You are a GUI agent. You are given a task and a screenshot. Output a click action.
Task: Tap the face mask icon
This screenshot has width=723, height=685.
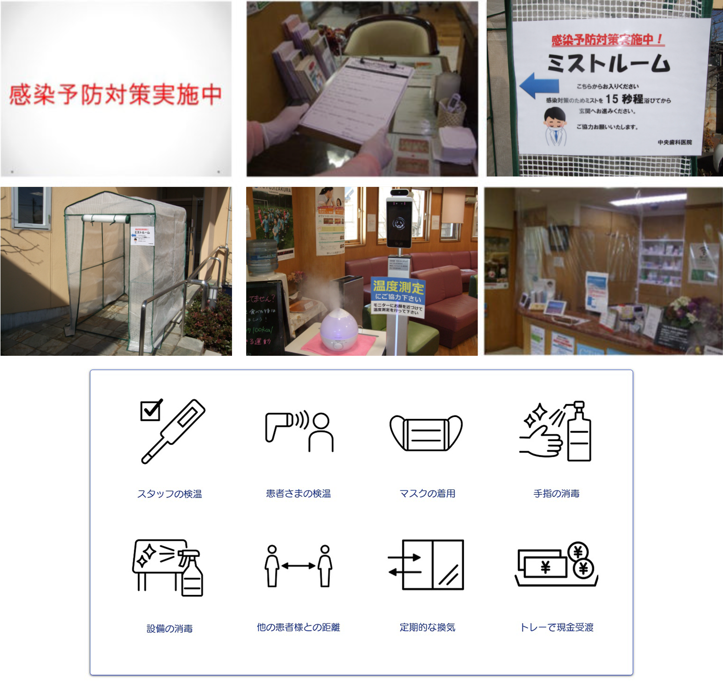pyautogui.click(x=426, y=433)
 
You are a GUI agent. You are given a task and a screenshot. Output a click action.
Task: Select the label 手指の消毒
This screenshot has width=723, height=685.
pyautogui.click(x=556, y=494)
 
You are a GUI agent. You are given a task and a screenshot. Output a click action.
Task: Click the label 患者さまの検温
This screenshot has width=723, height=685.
pyautogui.click(x=298, y=494)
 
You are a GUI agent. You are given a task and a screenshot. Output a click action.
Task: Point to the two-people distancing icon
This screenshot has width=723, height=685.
pyautogui.click(x=298, y=566)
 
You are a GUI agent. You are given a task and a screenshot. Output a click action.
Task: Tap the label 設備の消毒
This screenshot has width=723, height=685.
pyautogui.click(x=169, y=629)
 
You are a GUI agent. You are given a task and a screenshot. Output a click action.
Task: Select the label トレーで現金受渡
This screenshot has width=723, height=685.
pyautogui.click(x=556, y=628)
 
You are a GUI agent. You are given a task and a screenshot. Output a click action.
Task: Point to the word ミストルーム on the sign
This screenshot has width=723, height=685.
pyautogui.click(x=608, y=64)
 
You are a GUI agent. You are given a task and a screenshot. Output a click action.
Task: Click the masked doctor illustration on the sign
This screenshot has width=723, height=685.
pyautogui.click(x=555, y=126)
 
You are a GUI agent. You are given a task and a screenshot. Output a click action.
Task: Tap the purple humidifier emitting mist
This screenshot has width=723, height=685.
pyautogui.click(x=338, y=328)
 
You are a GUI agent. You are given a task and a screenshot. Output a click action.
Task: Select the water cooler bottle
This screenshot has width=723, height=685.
pyautogui.click(x=262, y=256)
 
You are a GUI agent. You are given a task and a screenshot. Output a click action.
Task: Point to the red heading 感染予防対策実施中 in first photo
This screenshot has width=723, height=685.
pyautogui.click(x=115, y=94)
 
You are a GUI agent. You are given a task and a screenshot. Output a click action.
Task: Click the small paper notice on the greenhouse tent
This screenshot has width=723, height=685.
pyautogui.click(x=142, y=235)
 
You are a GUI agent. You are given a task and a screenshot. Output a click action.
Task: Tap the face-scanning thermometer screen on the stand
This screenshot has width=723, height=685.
pyautogui.click(x=399, y=222)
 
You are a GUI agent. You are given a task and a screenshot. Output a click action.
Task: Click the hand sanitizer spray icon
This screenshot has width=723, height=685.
pyautogui.click(x=556, y=431)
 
